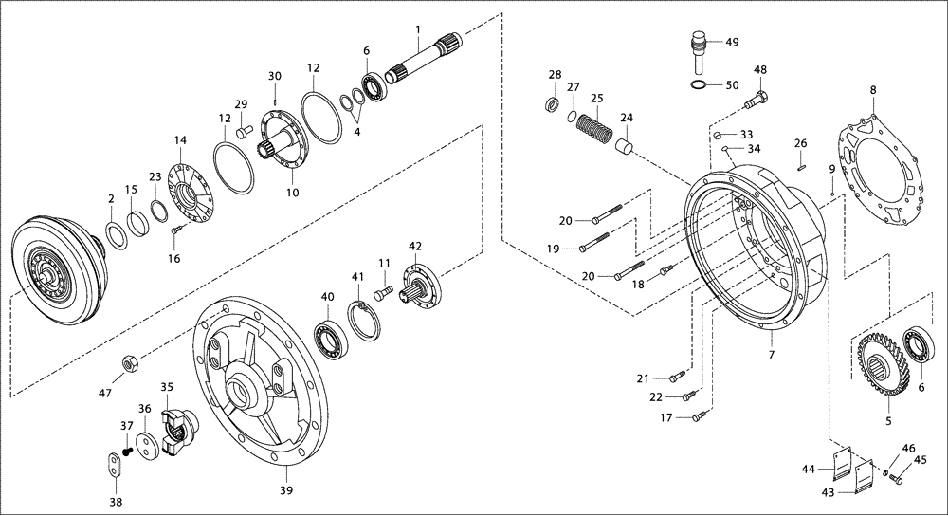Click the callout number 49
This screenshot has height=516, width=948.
coord(732,42)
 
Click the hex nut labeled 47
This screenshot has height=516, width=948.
coord(131,362)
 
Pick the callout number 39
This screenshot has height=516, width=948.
coord(285,489)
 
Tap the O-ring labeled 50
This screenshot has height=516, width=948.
coord(697,86)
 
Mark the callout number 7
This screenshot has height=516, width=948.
coord(771,355)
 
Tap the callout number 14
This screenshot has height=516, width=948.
coord(180,140)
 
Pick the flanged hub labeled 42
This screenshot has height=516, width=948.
coord(420,285)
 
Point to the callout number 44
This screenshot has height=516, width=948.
coord(809,468)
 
